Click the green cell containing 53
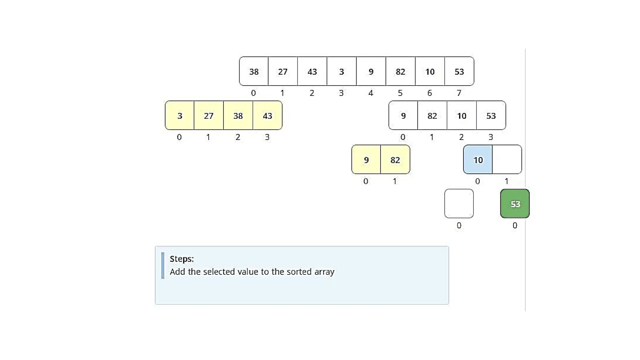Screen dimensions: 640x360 515,204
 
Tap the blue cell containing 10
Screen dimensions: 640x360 478,160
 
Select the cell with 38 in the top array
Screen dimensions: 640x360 254,72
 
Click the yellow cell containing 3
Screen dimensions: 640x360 180,116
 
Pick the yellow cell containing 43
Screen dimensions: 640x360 267,116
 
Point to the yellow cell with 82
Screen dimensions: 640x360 395,160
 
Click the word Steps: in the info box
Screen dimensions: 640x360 182,259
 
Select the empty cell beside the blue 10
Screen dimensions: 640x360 507,160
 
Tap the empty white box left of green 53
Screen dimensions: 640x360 459,204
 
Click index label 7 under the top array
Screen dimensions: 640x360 459,93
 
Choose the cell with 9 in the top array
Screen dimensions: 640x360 371,72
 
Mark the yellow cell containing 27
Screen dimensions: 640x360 209,116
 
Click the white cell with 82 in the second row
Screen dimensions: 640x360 432,116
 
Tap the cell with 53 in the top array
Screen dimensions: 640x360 459,72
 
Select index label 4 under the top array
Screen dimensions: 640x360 371,93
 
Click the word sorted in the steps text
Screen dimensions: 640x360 299,272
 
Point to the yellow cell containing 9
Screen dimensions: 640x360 366,160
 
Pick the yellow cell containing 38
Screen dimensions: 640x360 238,116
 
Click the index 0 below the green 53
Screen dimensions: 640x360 515,225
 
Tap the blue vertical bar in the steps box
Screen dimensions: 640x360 162,265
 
